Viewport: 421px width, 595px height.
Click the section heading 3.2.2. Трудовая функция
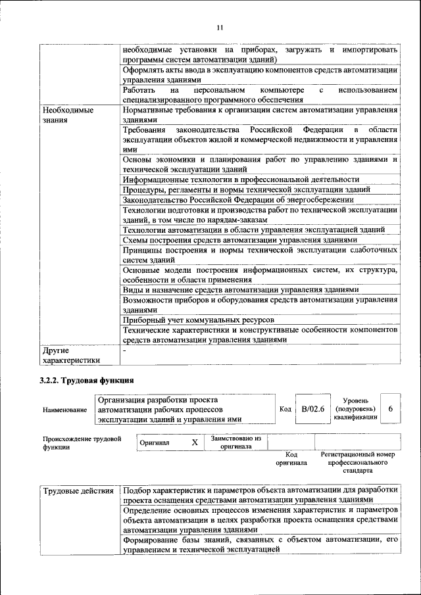click(x=87, y=380)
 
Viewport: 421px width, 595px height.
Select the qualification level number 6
click(x=391, y=409)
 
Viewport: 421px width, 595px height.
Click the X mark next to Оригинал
click(x=195, y=442)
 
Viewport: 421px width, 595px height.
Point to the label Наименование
click(x=64, y=410)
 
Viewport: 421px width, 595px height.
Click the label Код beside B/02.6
click(x=285, y=410)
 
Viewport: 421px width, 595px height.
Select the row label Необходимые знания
click(x=67, y=116)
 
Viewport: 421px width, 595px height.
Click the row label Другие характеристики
click(x=71, y=355)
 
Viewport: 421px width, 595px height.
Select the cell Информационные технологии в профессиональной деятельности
click(x=241, y=179)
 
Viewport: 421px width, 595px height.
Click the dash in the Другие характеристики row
click(x=124, y=350)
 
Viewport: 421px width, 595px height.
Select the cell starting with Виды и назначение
click(x=240, y=289)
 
